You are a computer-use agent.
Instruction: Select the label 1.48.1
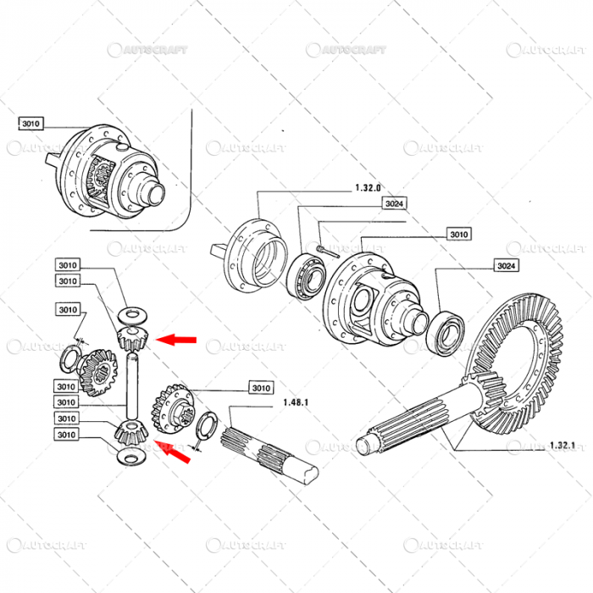[x=294, y=401]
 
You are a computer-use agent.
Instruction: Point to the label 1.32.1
[x=562, y=446]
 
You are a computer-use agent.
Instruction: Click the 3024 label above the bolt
[x=394, y=203]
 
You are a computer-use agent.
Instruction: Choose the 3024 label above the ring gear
[x=506, y=266]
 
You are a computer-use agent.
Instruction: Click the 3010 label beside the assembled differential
[x=30, y=124]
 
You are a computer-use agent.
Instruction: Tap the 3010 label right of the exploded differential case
[x=458, y=234]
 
